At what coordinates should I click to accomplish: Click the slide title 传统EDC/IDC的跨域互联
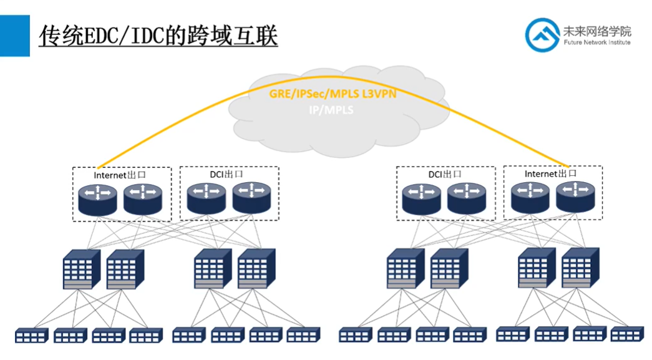(x=158, y=36)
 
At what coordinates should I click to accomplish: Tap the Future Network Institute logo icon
(x=542, y=34)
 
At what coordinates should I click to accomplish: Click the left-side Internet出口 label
(x=120, y=175)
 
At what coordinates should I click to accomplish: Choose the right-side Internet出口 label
(x=550, y=173)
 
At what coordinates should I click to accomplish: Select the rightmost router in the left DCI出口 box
(x=252, y=198)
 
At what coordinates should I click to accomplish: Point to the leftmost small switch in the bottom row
(x=31, y=336)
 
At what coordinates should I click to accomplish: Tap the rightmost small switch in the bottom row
(x=626, y=334)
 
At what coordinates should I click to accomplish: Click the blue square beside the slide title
(x=14, y=36)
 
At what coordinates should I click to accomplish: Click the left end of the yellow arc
(x=98, y=167)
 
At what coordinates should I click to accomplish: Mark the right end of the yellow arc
(x=565, y=167)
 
